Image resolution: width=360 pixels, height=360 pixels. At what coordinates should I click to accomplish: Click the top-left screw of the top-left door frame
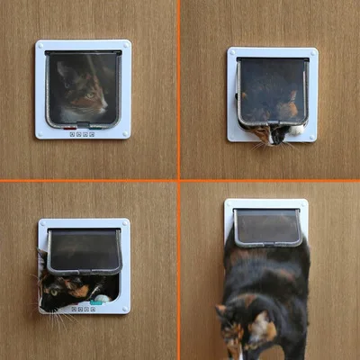(41, 45)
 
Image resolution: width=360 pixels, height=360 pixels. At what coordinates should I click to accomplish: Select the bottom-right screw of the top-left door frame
(125, 132)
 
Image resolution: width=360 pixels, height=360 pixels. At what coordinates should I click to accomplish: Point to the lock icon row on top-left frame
(83, 133)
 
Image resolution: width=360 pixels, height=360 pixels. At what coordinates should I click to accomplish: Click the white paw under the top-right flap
(296, 130)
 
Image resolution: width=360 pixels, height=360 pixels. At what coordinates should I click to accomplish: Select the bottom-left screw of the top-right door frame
(233, 136)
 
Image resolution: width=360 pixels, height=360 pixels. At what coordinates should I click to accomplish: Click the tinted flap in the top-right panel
(272, 90)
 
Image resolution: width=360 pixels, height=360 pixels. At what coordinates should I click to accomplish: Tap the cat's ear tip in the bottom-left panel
(40, 256)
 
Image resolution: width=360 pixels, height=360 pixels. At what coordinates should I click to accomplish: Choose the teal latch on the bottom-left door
(102, 299)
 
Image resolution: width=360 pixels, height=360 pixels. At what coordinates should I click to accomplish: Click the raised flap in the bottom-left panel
(84, 250)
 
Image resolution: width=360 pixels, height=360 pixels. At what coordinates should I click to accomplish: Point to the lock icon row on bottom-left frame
(83, 308)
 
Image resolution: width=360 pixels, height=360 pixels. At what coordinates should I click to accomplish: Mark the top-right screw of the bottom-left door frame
(124, 224)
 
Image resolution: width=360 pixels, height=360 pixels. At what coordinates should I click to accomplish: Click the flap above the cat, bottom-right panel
(267, 226)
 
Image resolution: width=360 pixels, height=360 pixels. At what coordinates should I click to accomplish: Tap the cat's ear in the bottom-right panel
(222, 310)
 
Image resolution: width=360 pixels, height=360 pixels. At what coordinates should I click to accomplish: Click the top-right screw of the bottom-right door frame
(302, 204)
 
